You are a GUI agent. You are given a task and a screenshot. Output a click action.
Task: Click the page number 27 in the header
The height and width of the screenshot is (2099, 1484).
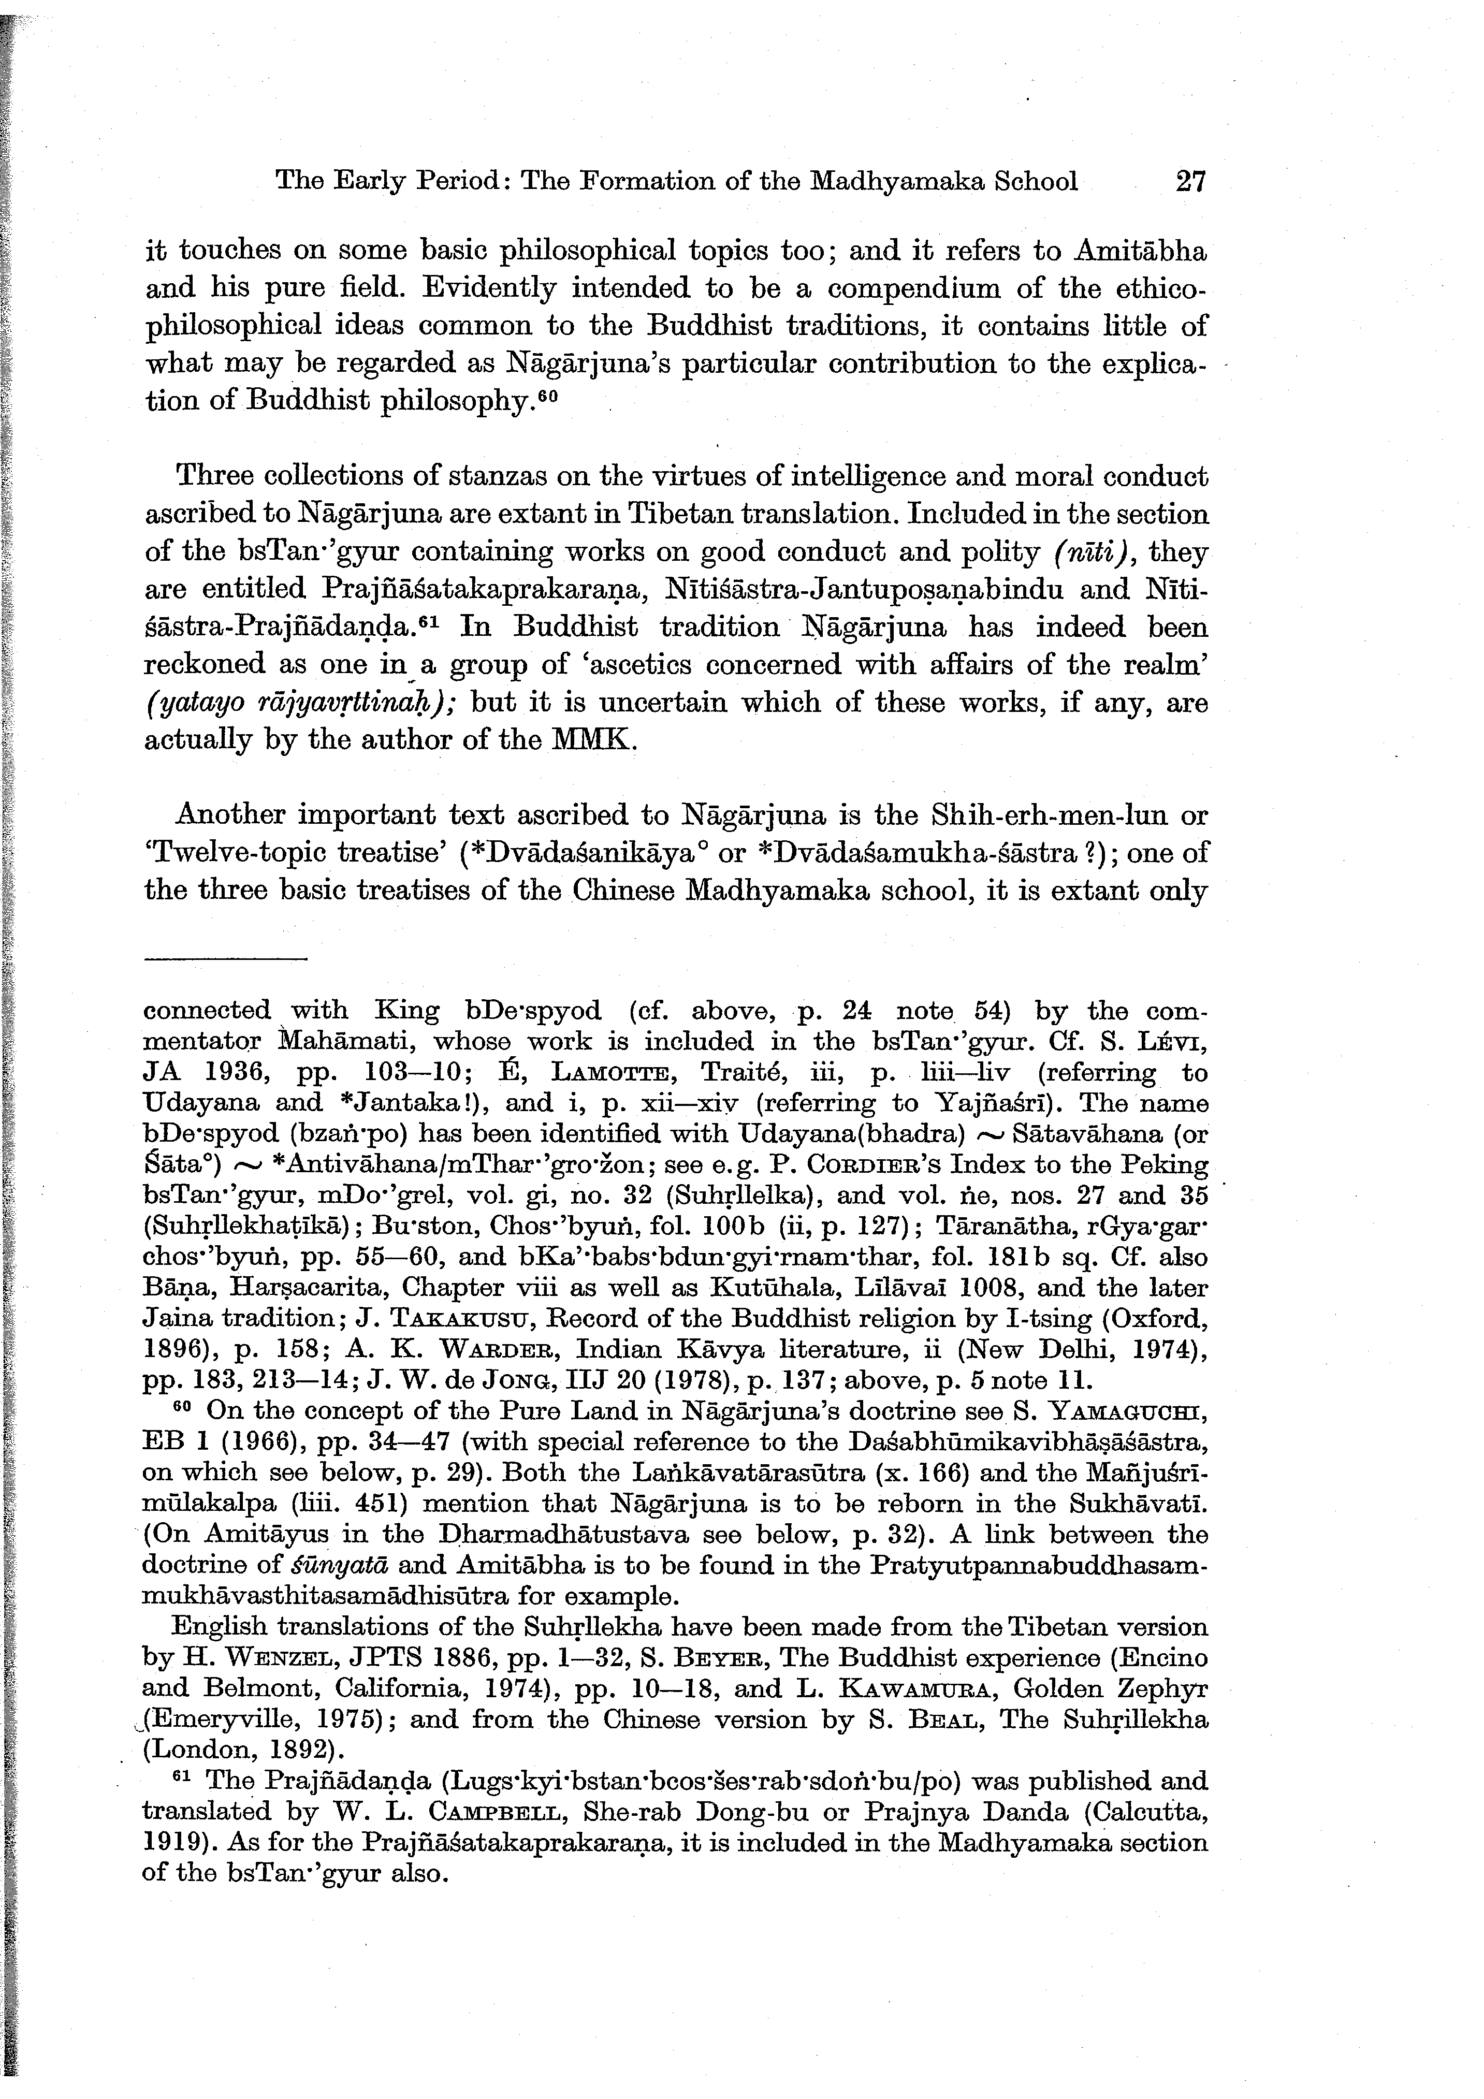(x=1190, y=181)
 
